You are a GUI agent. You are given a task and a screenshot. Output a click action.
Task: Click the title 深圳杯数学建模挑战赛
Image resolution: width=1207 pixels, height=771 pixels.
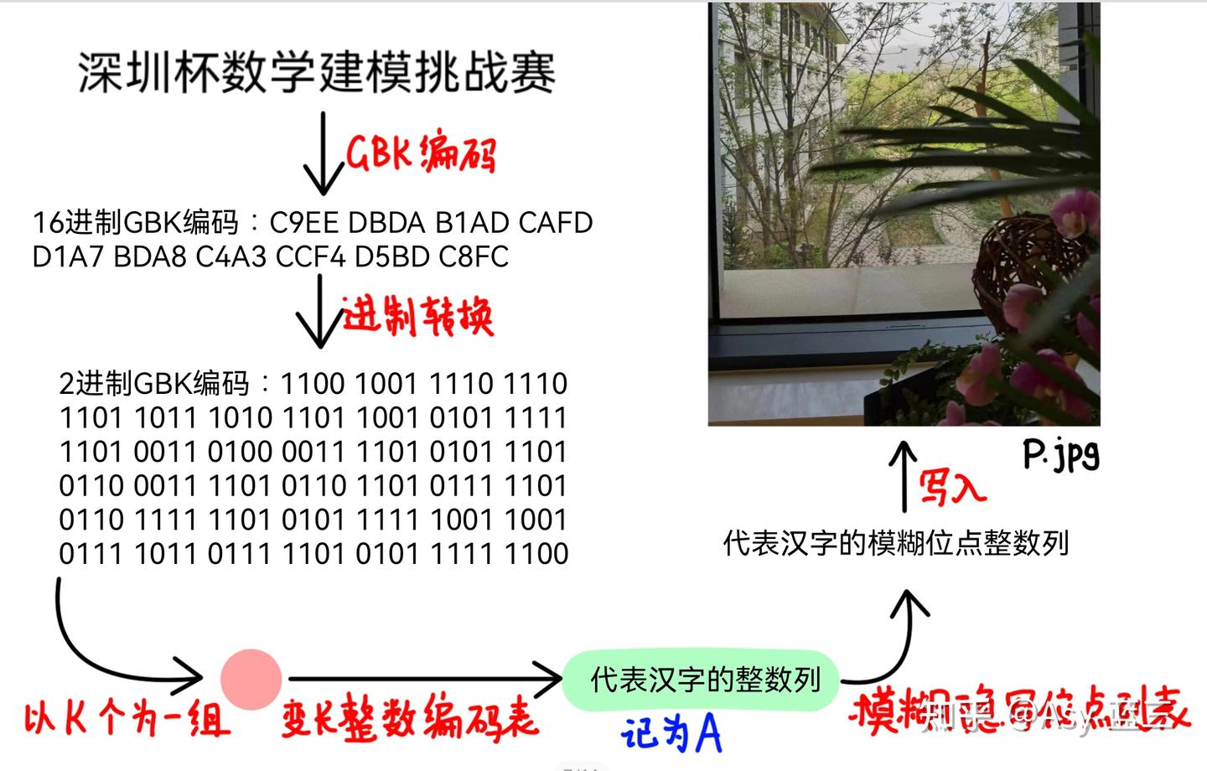pyautogui.click(x=317, y=72)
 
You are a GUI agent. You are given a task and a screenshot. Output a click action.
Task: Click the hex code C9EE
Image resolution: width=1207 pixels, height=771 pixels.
pyautogui.click(x=303, y=223)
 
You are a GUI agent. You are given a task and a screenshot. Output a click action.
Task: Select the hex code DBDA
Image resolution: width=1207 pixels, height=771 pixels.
pyautogui.click(x=386, y=223)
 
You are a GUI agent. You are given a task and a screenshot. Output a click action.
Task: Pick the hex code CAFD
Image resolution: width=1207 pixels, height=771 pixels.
pyautogui.click(x=555, y=223)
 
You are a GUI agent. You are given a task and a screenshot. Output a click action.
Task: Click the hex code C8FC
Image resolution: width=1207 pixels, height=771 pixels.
pyautogui.click(x=474, y=256)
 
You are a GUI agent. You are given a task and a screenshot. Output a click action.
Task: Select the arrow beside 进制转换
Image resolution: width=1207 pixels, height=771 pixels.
pyautogui.click(x=319, y=312)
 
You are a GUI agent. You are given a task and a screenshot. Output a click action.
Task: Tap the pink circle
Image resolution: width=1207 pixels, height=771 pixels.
pyautogui.click(x=251, y=679)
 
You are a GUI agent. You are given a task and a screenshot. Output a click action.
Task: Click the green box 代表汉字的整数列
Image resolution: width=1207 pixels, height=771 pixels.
pyautogui.click(x=704, y=679)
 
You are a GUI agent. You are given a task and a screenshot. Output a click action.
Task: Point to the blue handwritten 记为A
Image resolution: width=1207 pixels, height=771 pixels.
pyautogui.click(x=671, y=733)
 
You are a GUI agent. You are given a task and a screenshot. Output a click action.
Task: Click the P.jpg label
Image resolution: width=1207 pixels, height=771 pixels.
pyautogui.click(x=1060, y=454)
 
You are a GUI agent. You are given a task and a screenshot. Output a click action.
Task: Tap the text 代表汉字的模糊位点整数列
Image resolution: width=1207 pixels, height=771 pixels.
pyautogui.click(x=895, y=543)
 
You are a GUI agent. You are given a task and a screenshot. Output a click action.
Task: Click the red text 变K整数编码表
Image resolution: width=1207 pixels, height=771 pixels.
pyautogui.click(x=409, y=718)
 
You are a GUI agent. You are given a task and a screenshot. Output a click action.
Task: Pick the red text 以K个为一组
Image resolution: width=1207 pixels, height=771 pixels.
pyautogui.click(x=126, y=718)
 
